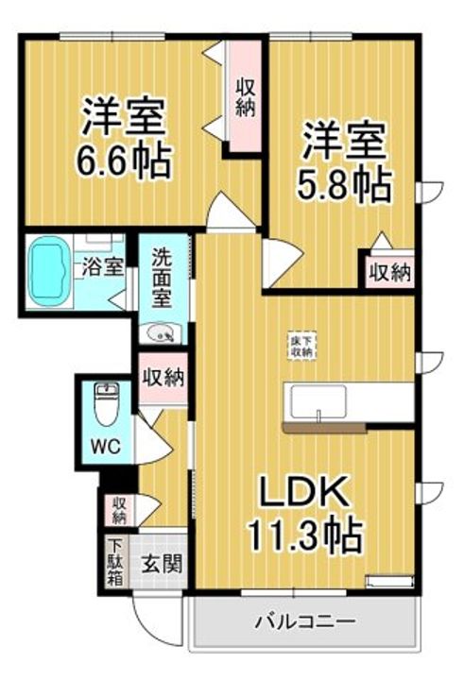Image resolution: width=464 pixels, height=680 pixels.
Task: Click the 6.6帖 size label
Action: [x=125, y=162]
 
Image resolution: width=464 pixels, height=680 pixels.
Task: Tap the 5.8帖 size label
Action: [x=345, y=185]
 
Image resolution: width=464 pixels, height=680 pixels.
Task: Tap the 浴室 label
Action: [x=102, y=265]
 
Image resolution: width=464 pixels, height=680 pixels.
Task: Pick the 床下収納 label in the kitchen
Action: [x=301, y=345]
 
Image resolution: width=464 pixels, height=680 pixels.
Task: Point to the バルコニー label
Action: [x=304, y=623]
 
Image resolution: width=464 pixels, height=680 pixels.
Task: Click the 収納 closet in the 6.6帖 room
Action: [x=245, y=96]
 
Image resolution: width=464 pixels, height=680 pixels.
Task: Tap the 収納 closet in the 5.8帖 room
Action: [x=389, y=273]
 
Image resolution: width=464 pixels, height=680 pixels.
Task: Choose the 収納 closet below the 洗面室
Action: [x=162, y=378]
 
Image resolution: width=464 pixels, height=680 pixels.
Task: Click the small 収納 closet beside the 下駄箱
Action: [x=120, y=509]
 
